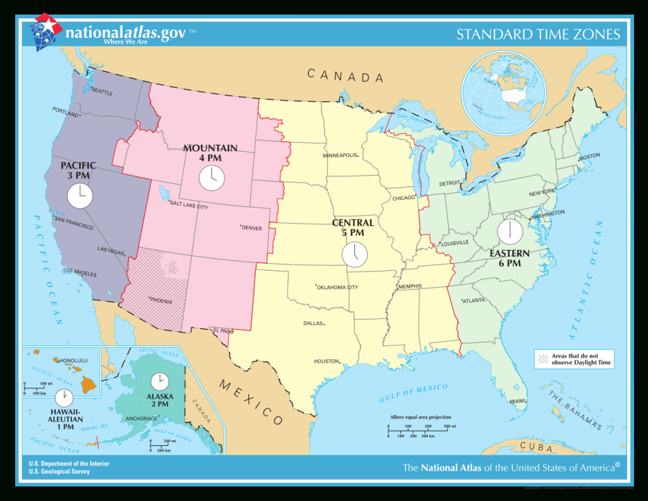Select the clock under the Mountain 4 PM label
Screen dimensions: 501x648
211,178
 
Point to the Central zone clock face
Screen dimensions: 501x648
354,254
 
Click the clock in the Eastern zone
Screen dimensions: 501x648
509,232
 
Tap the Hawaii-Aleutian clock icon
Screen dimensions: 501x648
63,397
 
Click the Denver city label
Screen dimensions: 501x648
251,228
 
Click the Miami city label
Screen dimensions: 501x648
518,401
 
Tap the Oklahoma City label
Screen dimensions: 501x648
338,287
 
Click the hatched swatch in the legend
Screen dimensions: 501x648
543,359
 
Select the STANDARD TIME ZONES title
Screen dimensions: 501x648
539,34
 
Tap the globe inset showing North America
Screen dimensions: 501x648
503,93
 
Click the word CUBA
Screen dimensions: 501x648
536,447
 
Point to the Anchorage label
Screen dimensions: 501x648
141,419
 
